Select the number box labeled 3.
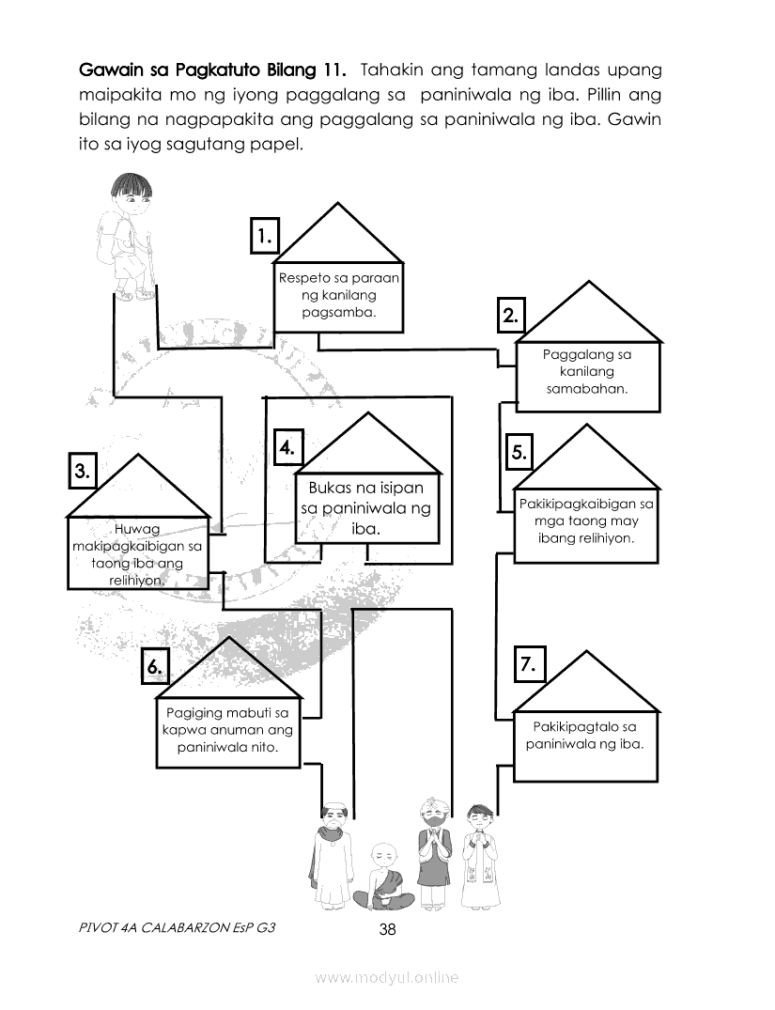[x=83, y=471]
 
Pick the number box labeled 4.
[x=287, y=447]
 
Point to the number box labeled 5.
[x=519, y=452]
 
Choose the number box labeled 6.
[x=156, y=666]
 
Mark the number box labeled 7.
[x=528, y=665]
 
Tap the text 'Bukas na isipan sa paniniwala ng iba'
[x=366, y=508]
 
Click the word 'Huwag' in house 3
[x=137, y=529]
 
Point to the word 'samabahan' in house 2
[x=587, y=387]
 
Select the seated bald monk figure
[x=383, y=879]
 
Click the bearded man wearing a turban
[x=433, y=850]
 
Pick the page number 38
[x=387, y=930]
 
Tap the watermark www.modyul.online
[x=387, y=978]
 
